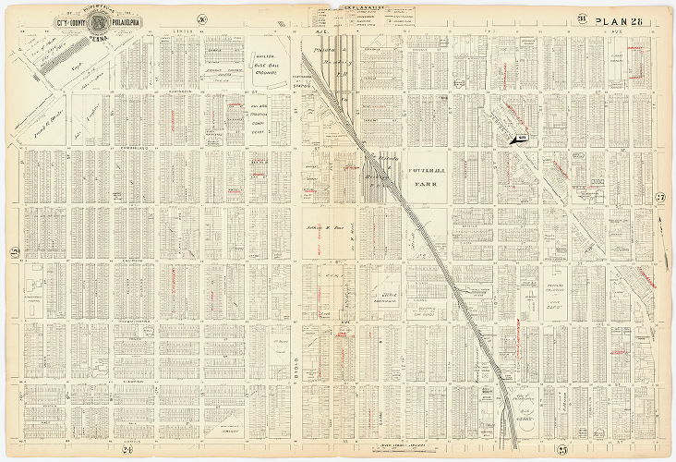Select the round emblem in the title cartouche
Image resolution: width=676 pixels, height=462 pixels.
click(x=99, y=22)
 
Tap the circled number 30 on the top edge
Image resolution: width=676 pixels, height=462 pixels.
click(x=201, y=19)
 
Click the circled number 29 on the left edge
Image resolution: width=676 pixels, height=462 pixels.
click(x=14, y=252)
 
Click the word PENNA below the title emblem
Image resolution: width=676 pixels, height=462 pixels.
click(x=99, y=39)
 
